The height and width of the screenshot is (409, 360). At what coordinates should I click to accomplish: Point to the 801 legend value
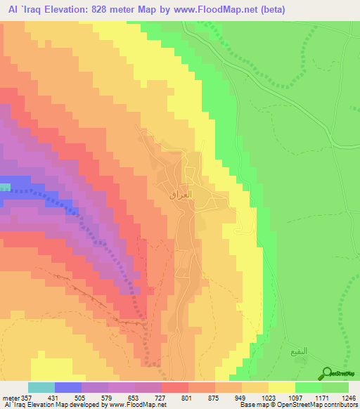point(186,398)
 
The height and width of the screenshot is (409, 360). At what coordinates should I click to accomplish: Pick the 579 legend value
point(108,398)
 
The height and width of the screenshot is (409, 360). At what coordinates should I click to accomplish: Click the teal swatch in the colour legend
point(41,387)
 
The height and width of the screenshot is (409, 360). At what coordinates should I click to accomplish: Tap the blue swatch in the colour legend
point(67,387)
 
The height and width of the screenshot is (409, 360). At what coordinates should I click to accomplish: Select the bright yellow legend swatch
point(281,387)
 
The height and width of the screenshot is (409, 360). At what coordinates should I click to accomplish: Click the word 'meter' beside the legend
point(9,398)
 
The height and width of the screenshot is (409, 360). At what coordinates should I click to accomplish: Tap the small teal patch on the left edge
point(5,187)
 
